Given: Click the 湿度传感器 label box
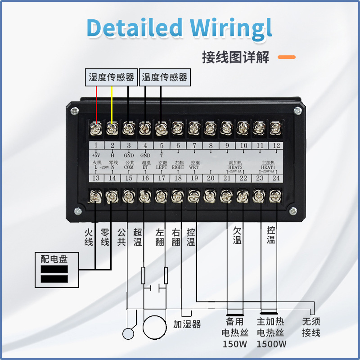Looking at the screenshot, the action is (x=112, y=77).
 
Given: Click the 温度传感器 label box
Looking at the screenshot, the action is (x=165, y=77).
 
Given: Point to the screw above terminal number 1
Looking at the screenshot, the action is (x=95, y=129).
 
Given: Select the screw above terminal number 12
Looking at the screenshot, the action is (x=275, y=129).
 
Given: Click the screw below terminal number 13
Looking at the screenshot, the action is (x=96, y=196).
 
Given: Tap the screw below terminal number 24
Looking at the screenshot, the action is (x=275, y=196).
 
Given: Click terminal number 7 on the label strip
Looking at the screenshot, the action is (x=194, y=145).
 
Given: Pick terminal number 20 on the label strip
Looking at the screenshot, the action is (x=211, y=178).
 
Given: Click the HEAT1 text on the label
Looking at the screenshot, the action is (x=268, y=167).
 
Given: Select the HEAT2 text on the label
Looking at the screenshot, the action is (x=235, y=167).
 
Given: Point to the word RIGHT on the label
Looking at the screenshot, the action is (x=178, y=167).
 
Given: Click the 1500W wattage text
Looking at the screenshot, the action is (x=271, y=344).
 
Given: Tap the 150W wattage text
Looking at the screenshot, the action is (x=235, y=344).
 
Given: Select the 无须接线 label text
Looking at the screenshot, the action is (x=311, y=327).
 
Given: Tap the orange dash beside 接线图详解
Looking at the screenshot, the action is (x=286, y=57).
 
